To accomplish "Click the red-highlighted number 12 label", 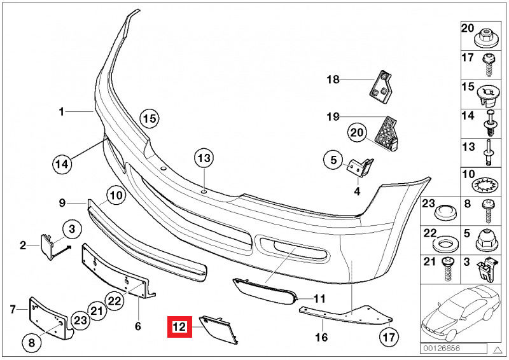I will pyautogui.click(x=179, y=328).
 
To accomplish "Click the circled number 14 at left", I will pyautogui.click(x=61, y=164).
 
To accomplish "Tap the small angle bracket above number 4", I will pyautogui.click(x=359, y=166).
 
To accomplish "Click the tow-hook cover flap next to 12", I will pyautogui.click(x=219, y=329).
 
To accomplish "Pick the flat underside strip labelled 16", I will pyautogui.click(x=344, y=316).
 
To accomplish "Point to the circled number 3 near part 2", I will pyautogui.click(x=72, y=228).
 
